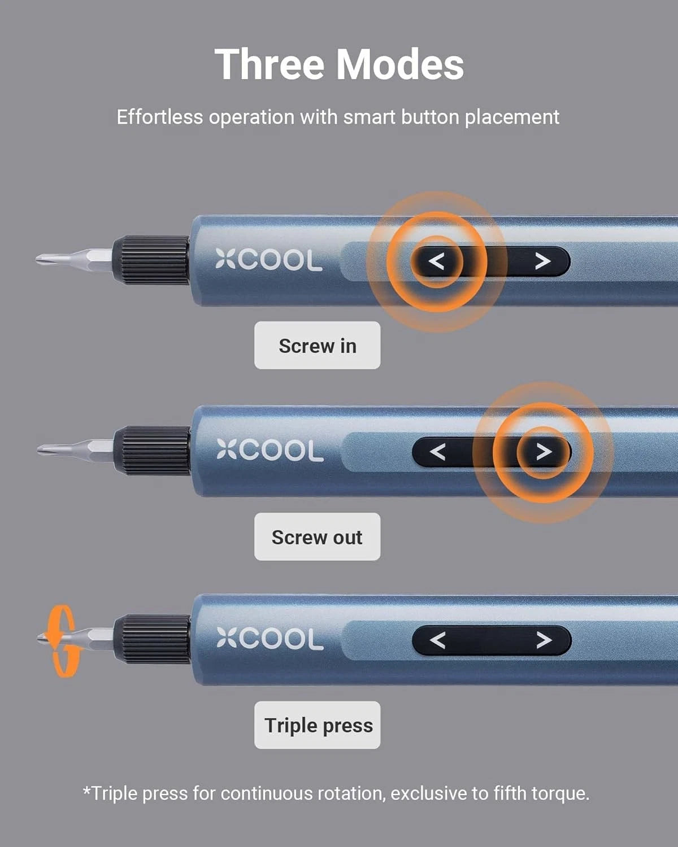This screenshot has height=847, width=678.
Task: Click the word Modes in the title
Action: [x=400, y=64]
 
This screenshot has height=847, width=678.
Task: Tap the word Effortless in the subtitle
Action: [x=159, y=117]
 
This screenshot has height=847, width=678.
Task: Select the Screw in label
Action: [x=317, y=346]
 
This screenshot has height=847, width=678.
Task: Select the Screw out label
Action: [x=317, y=537]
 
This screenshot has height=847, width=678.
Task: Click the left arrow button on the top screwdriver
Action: [x=436, y=261]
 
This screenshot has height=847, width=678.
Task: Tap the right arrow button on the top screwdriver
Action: [x=542, y=261]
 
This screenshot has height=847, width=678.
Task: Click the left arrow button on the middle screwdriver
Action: [x=438, y=452]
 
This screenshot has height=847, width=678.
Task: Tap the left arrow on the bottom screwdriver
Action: [x=438, y=640]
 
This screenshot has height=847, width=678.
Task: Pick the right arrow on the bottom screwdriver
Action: [x=544, y=640]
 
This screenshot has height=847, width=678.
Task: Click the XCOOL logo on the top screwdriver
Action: [x=269, y=261]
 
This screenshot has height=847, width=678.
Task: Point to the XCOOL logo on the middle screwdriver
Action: [x=270, y=451]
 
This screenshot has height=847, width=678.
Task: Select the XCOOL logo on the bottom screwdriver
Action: [x=270, y=639]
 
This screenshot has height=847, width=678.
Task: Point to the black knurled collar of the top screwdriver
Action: [x=151, y=260]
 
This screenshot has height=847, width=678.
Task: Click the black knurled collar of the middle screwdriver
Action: [x=152, y=451]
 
